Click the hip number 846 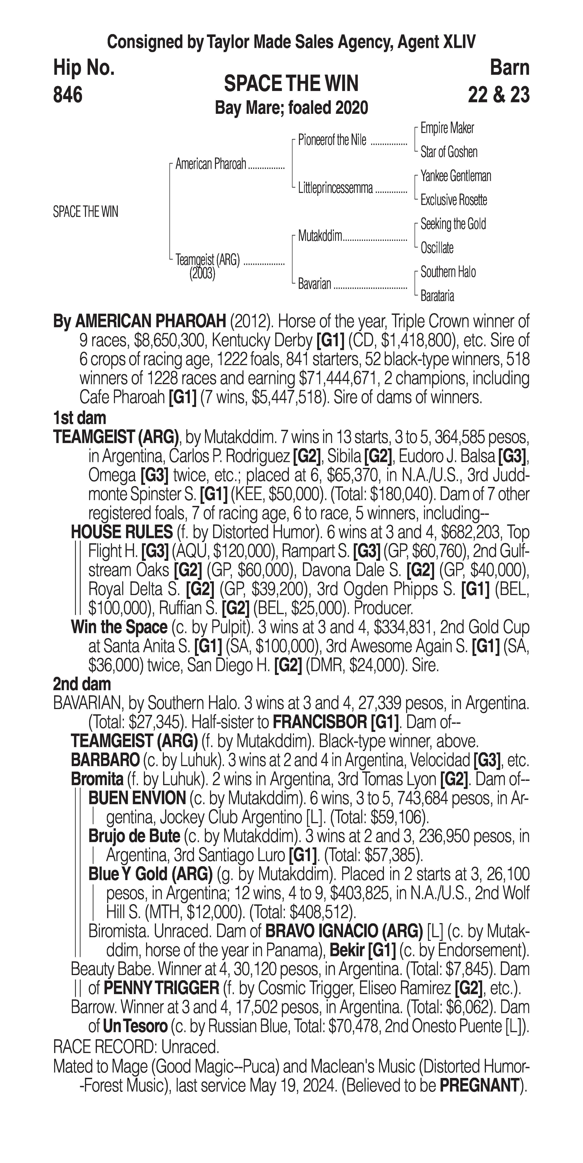(68, 95)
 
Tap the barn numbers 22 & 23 (499, 95)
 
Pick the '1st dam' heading (79, 418)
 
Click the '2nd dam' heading (82, 684)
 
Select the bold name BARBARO (105, 760)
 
